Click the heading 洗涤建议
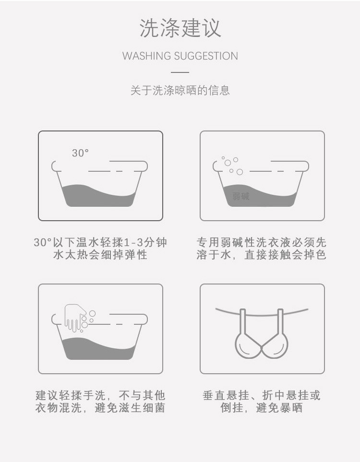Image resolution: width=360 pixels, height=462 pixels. (x=180, y=28)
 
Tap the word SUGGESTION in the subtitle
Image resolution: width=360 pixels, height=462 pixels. (x=205, y=56)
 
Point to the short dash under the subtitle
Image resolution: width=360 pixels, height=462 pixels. (x=180, y=72)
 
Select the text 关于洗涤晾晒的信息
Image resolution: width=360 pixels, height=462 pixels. (x=180, y=90)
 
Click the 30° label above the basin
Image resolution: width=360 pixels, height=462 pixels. (x=81, y=153)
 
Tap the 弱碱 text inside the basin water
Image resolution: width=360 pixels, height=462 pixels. (x=241, y=196)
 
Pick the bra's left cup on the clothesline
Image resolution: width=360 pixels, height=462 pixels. (x=248, y=344)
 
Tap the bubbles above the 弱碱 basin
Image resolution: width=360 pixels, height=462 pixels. (x=230, y=165)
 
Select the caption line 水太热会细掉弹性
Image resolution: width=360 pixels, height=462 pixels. (x=100, y=255)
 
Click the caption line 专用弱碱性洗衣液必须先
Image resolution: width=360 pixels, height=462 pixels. (x=262, y=242)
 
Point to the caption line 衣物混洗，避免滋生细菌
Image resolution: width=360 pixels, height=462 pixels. (x=100, y=408)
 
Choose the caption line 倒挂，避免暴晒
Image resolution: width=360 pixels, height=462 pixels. (x=262, y=408)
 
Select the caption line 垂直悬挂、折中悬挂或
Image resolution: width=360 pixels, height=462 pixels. (x=262, y=396)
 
